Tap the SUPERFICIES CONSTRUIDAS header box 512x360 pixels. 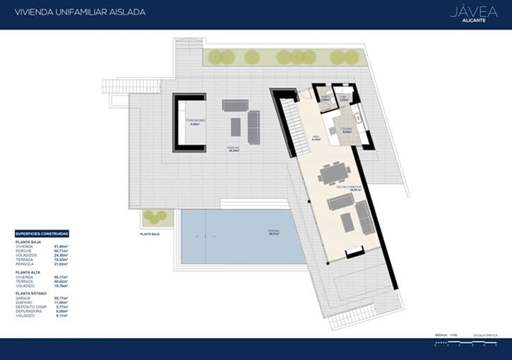pos(42,234)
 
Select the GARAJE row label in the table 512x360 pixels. pos(23,298)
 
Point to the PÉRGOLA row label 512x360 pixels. pos(23,263)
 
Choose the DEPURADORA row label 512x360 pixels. pos(28,311)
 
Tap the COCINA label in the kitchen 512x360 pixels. pos(347,128)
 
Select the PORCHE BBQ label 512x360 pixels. pos(196,121)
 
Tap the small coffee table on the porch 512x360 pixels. pos(235,126)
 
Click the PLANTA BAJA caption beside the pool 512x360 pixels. pos(150,233)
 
